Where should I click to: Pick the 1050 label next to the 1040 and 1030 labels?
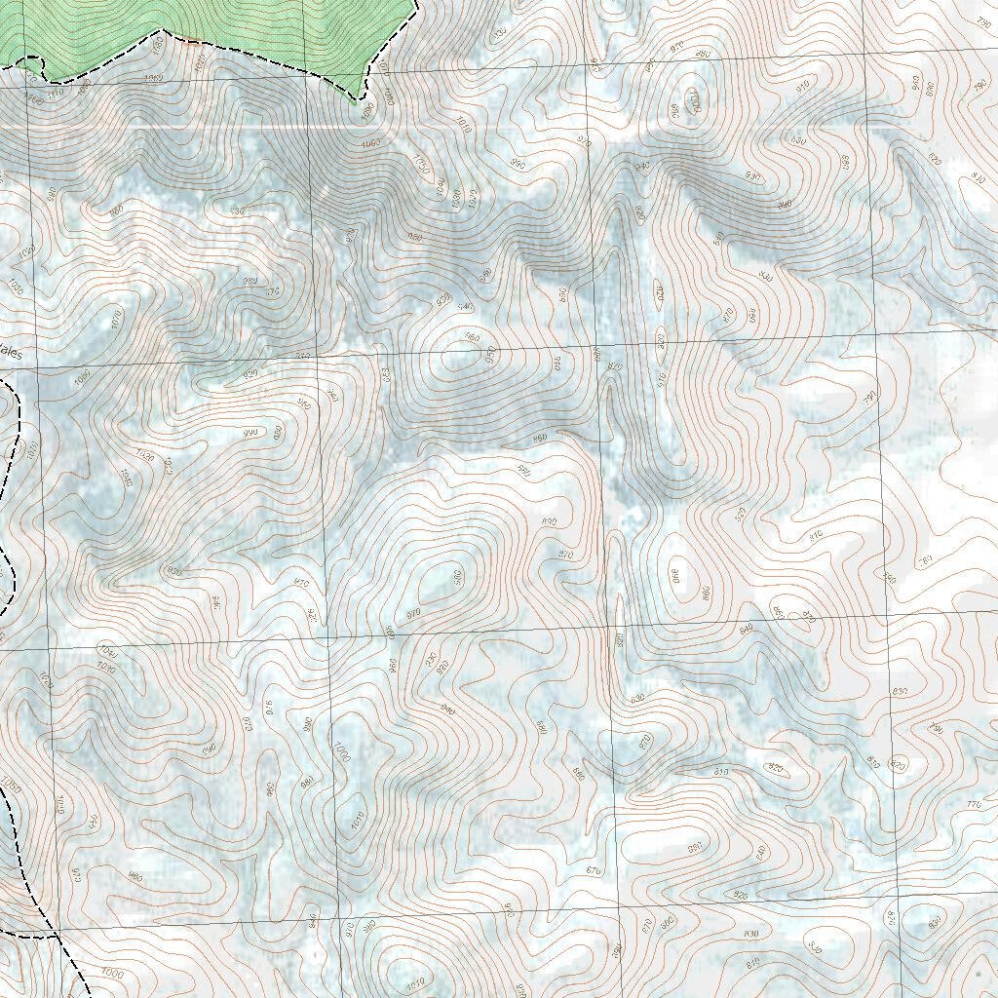pos(420,162)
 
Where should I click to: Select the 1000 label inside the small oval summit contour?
pos(694,101)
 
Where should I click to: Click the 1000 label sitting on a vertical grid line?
pos(340,751)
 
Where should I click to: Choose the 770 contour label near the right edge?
pos(973,805)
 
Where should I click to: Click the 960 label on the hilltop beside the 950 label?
pos(473,338)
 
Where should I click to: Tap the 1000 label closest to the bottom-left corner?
pos(112,974)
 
